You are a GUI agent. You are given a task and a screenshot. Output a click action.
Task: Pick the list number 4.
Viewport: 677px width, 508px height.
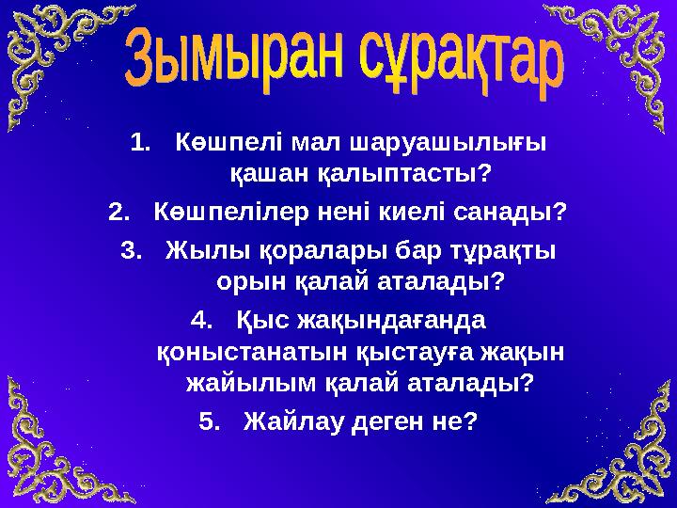(x=200, y=321)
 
